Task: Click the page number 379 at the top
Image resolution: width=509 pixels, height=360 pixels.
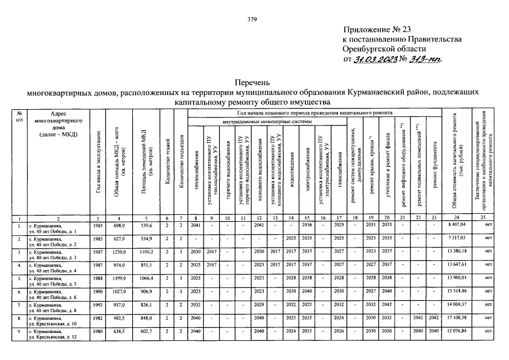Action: coord(252,20)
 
